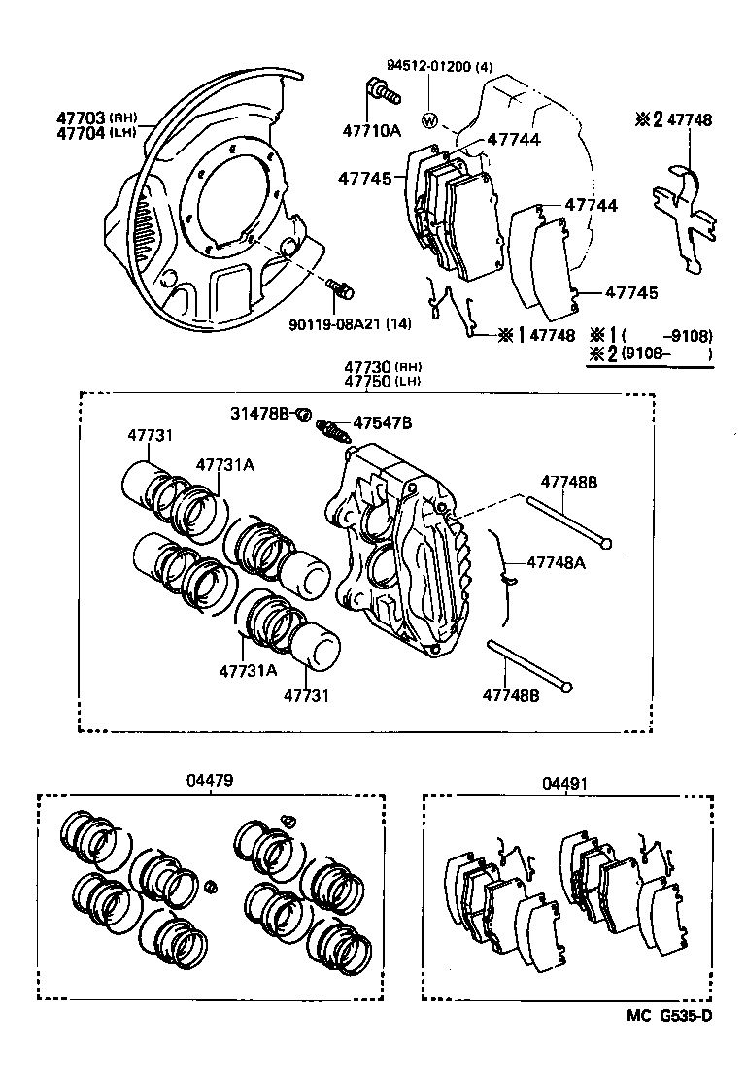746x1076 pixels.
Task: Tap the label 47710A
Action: (370, 130)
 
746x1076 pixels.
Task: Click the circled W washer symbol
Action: (430, 121)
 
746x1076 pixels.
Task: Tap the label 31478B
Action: (259, 414)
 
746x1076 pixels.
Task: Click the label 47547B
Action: (382, 422)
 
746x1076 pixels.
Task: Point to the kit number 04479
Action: (211, 781)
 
